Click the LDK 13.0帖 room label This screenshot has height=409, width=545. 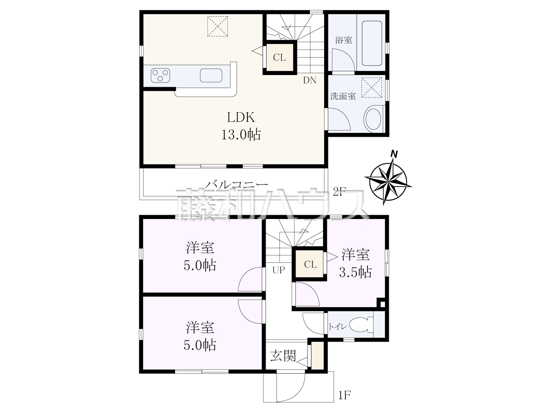pyautogui.click(x=241, y=126)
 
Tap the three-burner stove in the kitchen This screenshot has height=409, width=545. pyautogui.click(x=161, y=75)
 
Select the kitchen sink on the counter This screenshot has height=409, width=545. pyautogui.click(x=211, y=75)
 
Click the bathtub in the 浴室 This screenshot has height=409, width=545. pyautogui.click(x=372, y=43)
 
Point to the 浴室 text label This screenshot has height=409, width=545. pyautogui.click(x=344, y=40)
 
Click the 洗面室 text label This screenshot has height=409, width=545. pyautogui.click(x=343, y=96)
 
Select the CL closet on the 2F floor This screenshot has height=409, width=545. pyautogui.click(x=280, y=58)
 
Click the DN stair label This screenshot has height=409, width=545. pyautogui.click(x=310, y=80)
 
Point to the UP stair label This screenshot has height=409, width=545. pyautogui.click(x=278, y=270)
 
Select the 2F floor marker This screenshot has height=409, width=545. pyautogui.click(x=339, y=192)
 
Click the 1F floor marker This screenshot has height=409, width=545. pyautogui.click(x=344, y=395)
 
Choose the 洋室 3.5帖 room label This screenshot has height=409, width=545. pyautogui.click(x=356, y=263)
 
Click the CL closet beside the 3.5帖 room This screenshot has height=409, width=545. pyautogui.click(x=310, y=264)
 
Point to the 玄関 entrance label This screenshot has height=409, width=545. pyautogui.click(x=283, y=356)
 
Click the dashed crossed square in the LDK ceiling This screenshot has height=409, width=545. pyautogui.click(x=218, y=26)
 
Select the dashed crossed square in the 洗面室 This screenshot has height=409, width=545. pyautogui.click(x=371, y=87)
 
